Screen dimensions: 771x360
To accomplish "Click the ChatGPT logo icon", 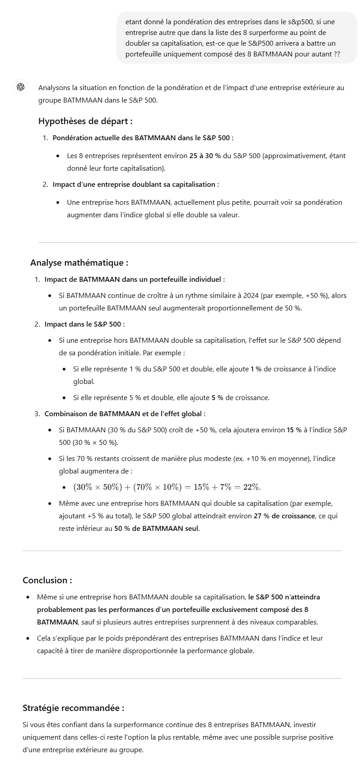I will [x=21, y=87].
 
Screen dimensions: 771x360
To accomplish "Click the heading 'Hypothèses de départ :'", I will [x=85, y=121].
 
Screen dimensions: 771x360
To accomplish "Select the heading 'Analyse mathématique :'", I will [x=79, y=263].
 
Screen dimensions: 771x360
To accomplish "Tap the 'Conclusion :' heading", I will [x=47, y=581].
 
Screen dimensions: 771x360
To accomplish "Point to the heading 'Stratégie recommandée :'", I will [x=73, y=708].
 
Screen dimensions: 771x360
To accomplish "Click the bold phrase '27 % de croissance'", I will [x=284, y=516].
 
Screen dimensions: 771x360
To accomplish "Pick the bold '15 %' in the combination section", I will [x=294, y=430].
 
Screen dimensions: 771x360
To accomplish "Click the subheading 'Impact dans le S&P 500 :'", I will [x=84, y=324].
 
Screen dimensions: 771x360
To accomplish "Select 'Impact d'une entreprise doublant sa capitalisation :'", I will [x=136, y=185].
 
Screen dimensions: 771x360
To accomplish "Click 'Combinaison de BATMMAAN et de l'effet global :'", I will [x=125, y=414].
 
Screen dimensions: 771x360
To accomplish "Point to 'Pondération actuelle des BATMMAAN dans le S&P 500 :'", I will [x=143, y=138].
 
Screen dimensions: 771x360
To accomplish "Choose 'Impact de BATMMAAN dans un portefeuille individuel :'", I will [x=134, y=280].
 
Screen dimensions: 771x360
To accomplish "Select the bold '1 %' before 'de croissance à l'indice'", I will [x=256, y=369].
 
